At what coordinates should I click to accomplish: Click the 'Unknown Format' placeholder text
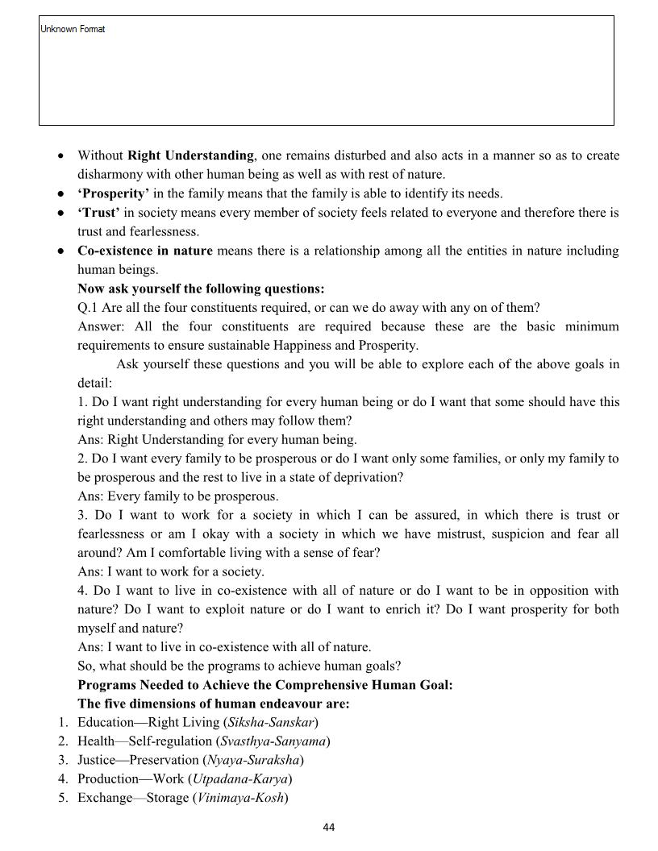pos(73,29)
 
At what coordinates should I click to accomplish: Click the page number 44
pos(328,827)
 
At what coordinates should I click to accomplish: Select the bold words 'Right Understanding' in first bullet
pos(190,156)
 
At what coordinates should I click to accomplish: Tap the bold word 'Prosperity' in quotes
pos(114,193)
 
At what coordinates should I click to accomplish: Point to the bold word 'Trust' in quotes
pos(98,213)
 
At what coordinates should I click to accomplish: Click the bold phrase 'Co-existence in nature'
pos(145,251)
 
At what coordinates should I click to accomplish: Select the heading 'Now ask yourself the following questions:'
pos(201,289)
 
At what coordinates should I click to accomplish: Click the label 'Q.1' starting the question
pos(88,308)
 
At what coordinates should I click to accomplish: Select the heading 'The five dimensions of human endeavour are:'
pos(213,704)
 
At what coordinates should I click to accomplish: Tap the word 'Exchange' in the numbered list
pos(105,798)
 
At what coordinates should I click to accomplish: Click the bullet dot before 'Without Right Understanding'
pos(60,156)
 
